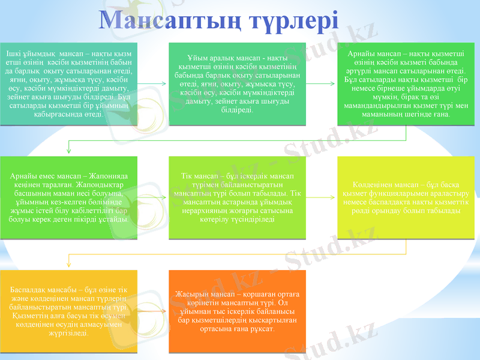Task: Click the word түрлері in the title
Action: (289, 22)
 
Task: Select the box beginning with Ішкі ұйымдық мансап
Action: (68, 84)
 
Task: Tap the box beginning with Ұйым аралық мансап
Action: (238, 84)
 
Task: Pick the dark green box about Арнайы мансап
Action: (406, 84)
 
